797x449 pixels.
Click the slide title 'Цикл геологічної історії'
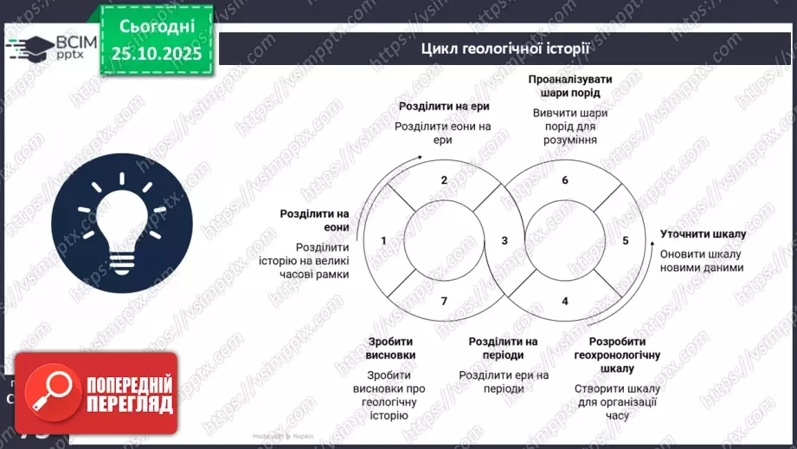click(505, 49)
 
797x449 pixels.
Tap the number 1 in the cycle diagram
click(383, 240)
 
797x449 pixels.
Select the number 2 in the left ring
click(444, 180)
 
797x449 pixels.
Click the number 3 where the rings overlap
click(505, 240)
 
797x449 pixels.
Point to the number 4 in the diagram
click(565, 301)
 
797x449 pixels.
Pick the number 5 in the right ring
click(626, 240)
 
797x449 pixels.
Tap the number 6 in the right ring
click(565, 180)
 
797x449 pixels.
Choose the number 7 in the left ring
click(444, 301)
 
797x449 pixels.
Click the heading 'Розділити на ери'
click(442, 107)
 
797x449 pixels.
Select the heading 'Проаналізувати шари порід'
click(569, 86)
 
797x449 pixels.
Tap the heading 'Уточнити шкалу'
click(703, 234)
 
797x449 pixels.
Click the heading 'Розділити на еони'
click(314, 220)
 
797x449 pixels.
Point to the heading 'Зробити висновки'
click(391, 348)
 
